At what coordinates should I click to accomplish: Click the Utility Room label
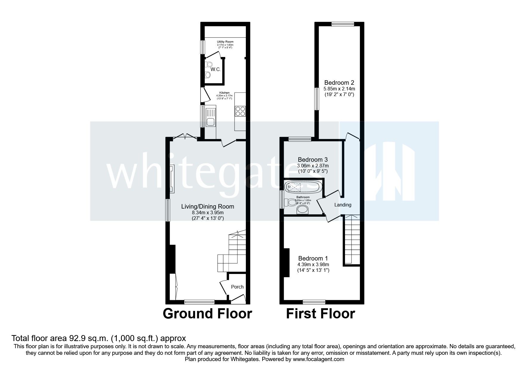pyautogui.click(x=225, y=41)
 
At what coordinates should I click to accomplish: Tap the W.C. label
pyautogui.click(x=215, y=70)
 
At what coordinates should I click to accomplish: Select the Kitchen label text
pyautogui.click(x=224, y=93)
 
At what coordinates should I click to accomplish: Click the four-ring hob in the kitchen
pyautogui.click(x=240, y=111)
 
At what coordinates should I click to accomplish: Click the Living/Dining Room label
pyautogui.click(x=208, y=206)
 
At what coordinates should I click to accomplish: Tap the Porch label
pyautogui.click(x=237, y=287)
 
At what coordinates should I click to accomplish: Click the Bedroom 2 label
pyautogui.click(x=339, y=83)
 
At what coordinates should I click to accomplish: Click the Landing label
pyautogui.click(x=343, y=205)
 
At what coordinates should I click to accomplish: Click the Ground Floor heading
pyautogui.click(x=207, y=314)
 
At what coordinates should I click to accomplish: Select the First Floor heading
pyautogui.click(x=321, y=314)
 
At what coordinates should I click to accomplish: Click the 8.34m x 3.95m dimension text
pyautogui.click(x=208, y=213)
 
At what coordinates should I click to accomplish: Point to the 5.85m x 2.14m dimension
pyautogui.click(x=339, y=89)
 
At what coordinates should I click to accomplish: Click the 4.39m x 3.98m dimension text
pyautogui.click(x=313, y=264)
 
